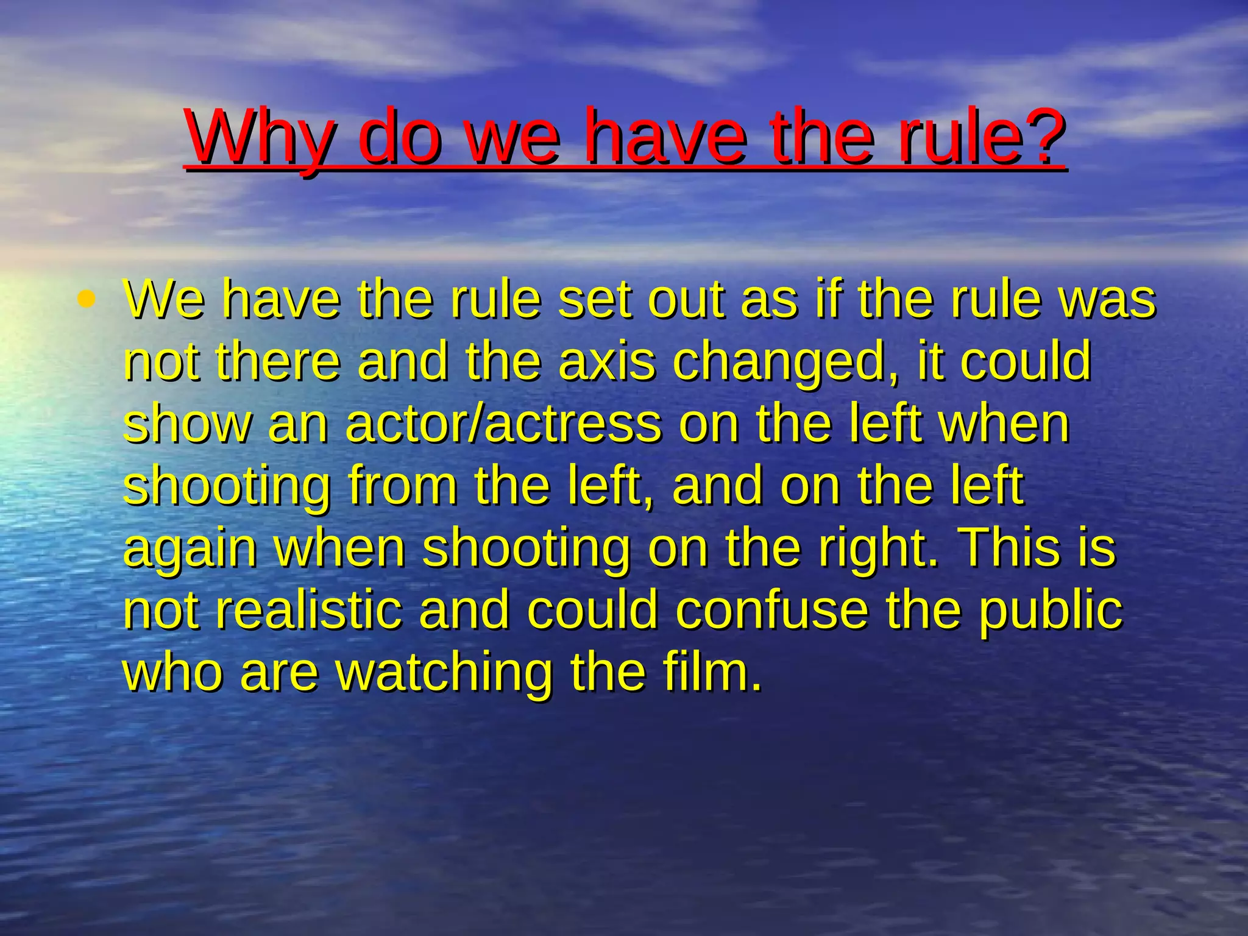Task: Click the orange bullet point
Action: pyautogui.click(x=87, y=299)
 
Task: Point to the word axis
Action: pyautogui.click(x=607, y=361)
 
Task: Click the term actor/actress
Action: pyautogui.click(x=503, y=424)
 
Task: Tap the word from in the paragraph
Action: pyautogui.click(x=402, y=486)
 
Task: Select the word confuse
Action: pyautogui.click(x=771, y=610)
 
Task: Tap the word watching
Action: pyautogui.click(x=445, y=673)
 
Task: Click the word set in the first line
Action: pyautogui.click(x=594, y=299)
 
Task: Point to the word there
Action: pyautogui.click(x=277, y=361)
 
